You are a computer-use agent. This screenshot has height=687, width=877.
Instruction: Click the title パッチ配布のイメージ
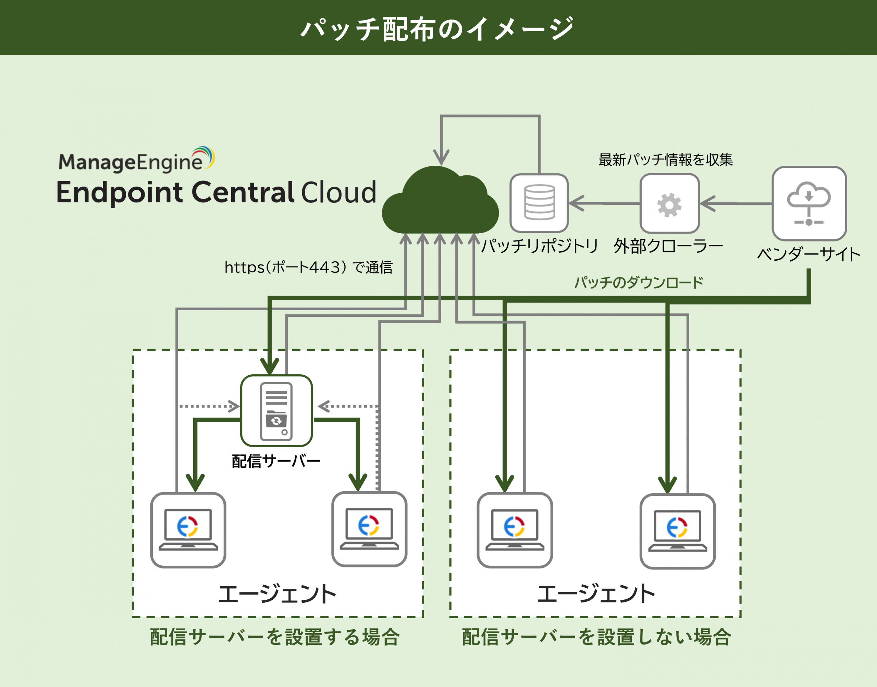pyautogui.click(x=438, y=29)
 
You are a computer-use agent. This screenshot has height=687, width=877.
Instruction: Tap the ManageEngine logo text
pyautogui.click(x=131, y=162)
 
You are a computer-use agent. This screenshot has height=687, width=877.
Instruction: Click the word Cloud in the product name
pyautogui.click(x=338, y=193)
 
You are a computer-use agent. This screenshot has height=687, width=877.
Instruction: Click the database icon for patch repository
pyautogui.click(x=539, y=203)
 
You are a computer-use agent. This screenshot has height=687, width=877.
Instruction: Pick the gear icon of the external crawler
pyautogui.click(x=669, y=204)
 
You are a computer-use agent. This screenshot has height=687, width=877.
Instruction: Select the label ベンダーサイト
pyautogui.click(x=808, y=254)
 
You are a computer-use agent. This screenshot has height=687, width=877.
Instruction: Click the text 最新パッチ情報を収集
pyautogui.click(x=665, y=160)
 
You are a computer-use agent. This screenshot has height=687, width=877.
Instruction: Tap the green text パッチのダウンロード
pyautogui.click(x=639, y=282)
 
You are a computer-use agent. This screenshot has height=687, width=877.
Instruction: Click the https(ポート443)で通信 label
pyautogui.click(x=308, y=267)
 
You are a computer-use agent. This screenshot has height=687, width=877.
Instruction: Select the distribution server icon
pyautogui.click(x=276, y=411)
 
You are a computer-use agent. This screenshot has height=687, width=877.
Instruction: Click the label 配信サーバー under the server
pyautogui.click(x=276, y=461)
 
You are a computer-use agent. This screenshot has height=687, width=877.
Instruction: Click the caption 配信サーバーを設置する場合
pyautogui.click(x=275, y=637)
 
